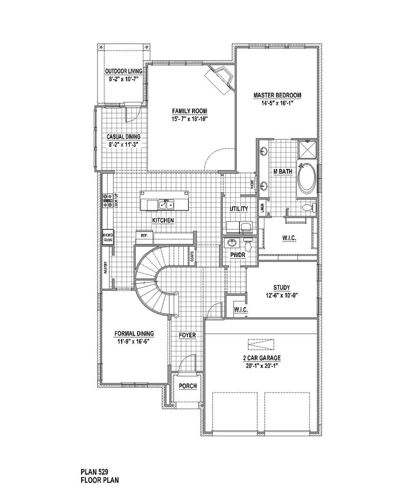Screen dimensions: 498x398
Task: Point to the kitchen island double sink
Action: pyautogui.click(x=165, y=205)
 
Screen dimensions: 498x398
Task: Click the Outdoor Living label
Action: pyautogui.click(x=123, y=71)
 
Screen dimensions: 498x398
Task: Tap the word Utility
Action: pyautogui.click(x=238, y=208)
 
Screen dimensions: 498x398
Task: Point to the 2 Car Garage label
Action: pyautogui.click(x=261, y=358)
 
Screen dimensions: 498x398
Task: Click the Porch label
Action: pyautogui.click(x=188, y=386)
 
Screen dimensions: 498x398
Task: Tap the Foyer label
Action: pyautogui.click(x=187, y=336)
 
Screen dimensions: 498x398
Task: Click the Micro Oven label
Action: pyautogui.click(x=108, y=237)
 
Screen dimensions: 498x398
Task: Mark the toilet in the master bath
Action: pyautogui.click(x=307, y=206)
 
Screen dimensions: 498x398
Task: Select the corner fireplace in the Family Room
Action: pyautogui.click(x=220, y=79)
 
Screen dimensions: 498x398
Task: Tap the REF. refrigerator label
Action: pyautogui.click(x=144, y=236)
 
